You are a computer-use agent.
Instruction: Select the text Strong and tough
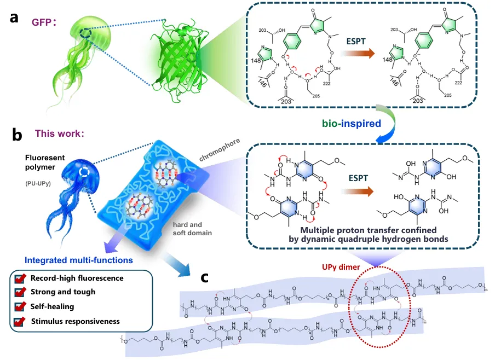coord(63,292)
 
